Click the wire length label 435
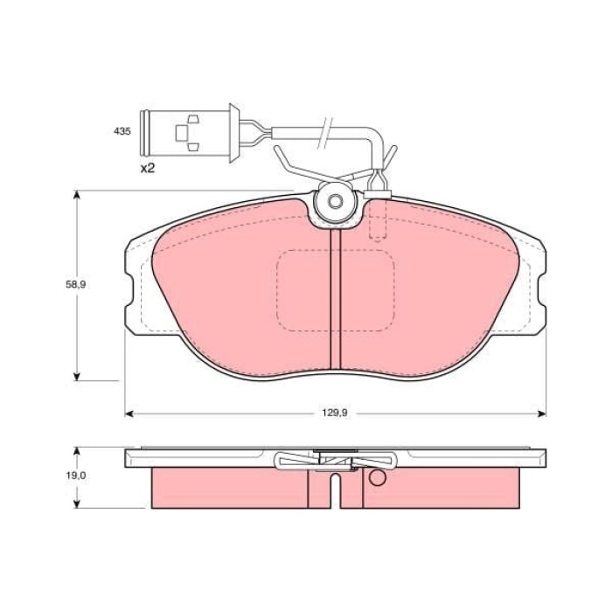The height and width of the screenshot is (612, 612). click(122, 131)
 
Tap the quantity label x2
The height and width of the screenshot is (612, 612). click(147, 168)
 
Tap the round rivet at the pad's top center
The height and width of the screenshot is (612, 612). click(335, 203)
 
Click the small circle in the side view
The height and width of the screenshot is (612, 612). click(377, 478)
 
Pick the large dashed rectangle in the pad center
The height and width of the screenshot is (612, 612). click(335, 291)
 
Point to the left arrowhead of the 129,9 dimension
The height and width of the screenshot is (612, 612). click(129, 413)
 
